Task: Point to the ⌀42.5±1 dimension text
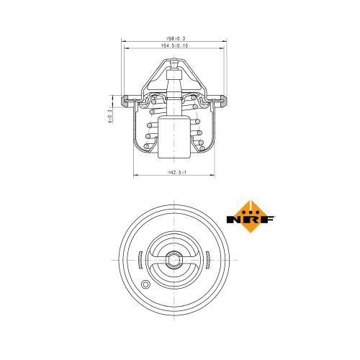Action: [x=176, y=172]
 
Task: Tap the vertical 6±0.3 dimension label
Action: [x=109, y=114]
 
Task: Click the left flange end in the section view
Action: [x=127, y=96]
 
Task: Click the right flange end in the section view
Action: [x=224, y=96]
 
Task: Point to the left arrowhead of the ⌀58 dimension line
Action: [x=124, y=41]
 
